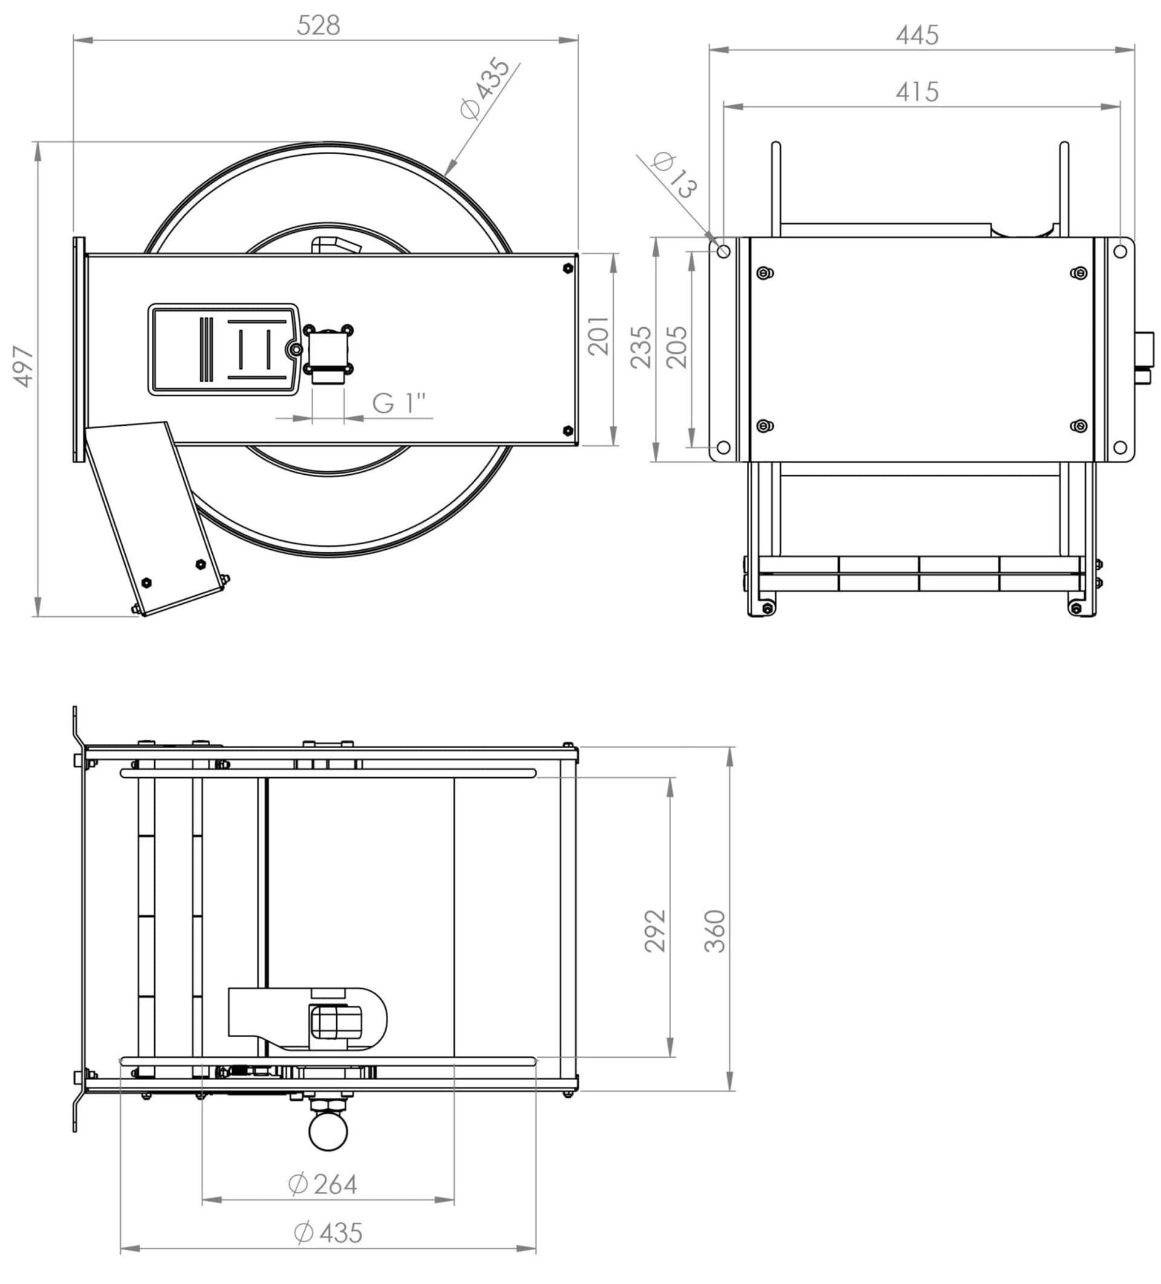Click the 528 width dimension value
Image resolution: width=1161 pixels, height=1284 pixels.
(319, 25)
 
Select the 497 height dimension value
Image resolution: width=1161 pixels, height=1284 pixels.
(24, 367)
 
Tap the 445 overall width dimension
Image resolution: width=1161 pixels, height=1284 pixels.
(917, 35)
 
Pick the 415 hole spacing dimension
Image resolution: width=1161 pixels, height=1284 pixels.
(917, 92)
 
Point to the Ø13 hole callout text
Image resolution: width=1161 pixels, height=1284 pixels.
(675, 175)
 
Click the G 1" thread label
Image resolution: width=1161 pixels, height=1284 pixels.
(398, 403)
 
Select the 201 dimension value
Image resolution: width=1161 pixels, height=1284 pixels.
(599, 336)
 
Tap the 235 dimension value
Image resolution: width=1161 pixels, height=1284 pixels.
(642, 347)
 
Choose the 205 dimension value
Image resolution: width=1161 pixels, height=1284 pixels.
(677, 347)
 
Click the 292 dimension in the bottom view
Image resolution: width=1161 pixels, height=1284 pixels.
(655, 931)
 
